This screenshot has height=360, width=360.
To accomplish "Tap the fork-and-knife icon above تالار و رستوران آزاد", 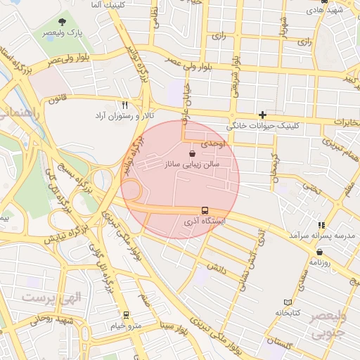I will click(125, 104).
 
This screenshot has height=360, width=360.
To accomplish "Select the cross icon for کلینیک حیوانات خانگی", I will click(262, 115).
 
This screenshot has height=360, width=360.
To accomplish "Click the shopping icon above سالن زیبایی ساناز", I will click(193, 153).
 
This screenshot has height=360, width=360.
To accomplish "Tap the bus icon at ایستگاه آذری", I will click(205, 210).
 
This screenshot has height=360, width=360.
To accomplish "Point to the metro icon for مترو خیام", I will click(126, 314).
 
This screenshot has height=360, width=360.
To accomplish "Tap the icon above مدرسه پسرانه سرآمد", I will click(322, 225).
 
